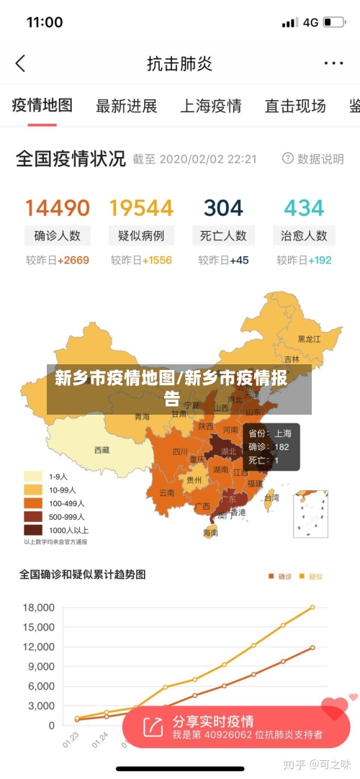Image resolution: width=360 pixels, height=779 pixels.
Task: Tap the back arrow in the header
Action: coord(20,63)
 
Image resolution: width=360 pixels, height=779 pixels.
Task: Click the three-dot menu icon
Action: coord(333,63)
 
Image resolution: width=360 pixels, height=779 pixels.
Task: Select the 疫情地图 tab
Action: coord(42,106)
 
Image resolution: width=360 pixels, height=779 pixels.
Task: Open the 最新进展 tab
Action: coord(127,107)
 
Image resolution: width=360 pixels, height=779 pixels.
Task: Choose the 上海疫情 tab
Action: coord(210,107)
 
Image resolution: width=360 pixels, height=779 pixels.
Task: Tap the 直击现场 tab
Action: coord(294,107)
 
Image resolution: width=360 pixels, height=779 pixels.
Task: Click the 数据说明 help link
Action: coord(313,159)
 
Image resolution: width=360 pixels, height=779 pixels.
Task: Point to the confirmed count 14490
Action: coord(58,208)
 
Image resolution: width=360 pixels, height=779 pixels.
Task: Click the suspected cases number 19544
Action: coord(141,208)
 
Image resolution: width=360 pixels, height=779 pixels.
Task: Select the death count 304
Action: coord(223,208)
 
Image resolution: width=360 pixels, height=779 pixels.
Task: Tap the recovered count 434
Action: coord(304,208)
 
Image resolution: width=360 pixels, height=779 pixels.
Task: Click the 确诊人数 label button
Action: coord(58,235)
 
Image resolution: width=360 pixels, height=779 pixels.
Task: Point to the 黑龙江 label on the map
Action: coord(310,338)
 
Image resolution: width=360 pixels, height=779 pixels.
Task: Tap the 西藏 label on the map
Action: coord(102,450)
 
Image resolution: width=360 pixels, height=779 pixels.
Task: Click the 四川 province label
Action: coord(179,452)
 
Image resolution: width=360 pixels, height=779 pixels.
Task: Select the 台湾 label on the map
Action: coord(271,497)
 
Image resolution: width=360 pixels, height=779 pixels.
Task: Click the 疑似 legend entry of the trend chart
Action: coord(312,576)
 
